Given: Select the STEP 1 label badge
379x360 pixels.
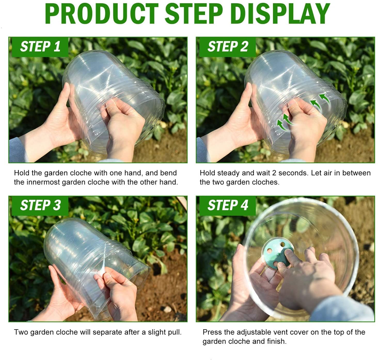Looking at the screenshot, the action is pyautogui.click(x=40, y=47).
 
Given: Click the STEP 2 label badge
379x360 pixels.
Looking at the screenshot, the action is pyautogui.click(x=227, y=47).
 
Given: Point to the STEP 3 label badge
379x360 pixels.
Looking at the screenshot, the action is pyautogui.click(x=40, y=206).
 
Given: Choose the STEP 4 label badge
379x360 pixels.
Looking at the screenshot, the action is pyautogui.click(x=227, y=206).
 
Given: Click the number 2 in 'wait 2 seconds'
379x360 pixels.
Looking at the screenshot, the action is pyautogui.click(x=274, y=173).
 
